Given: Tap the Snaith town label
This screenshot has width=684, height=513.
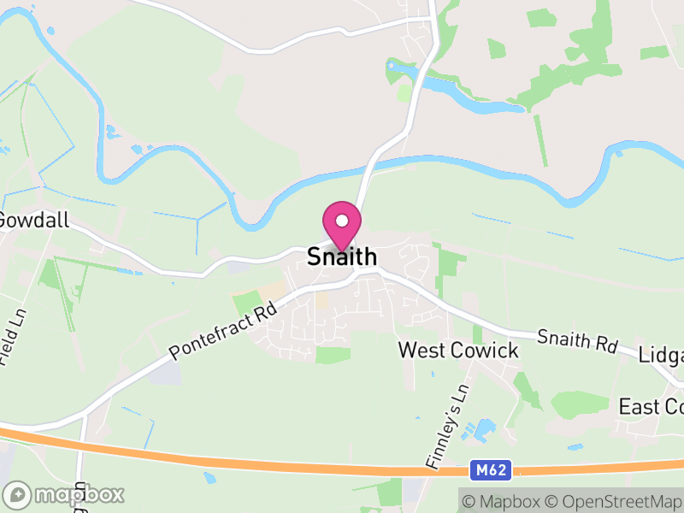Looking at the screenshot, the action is tap(342, 256).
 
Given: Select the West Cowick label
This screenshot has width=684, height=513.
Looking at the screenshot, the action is tap(458, 351).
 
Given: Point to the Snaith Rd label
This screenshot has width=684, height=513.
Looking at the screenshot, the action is tap(577, 339).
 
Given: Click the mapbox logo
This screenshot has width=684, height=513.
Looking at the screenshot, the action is tap(64, 494).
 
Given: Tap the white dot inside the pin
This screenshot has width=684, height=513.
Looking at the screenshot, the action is tap(342, 221).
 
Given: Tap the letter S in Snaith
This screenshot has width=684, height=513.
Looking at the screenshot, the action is tap(314, 256).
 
